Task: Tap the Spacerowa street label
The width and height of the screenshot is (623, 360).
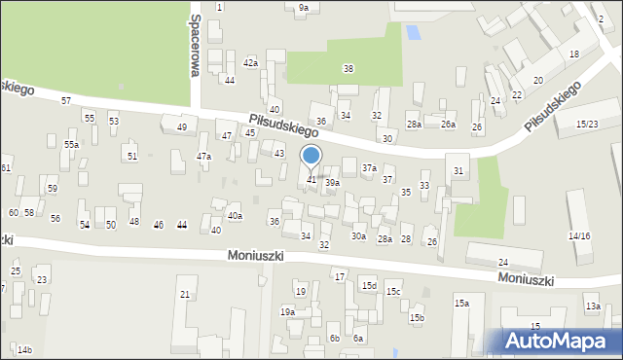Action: point(196,44)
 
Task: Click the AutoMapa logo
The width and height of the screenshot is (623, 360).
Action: point(561,341)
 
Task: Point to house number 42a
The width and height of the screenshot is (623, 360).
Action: point(251,63)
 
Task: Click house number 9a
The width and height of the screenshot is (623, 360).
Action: point(304,8)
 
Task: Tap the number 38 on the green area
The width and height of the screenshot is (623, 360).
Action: point(348,68)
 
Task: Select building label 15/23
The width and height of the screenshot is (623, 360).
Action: point(586,125)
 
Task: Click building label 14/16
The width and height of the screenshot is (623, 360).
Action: point(579,236)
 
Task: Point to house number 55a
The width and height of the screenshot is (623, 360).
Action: point(71,145)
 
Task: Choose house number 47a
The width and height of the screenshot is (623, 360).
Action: point(203,157)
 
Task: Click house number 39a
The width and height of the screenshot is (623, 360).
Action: point(333,183)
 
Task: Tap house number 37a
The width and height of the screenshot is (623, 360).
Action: point(369,168)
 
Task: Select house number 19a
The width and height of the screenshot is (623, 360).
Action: point(287,312)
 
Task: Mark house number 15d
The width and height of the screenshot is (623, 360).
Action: point(369,286)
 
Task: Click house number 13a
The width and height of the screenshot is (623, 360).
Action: point(592,306)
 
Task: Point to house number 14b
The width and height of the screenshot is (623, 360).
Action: point(24,350)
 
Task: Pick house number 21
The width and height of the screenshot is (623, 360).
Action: point(184,295)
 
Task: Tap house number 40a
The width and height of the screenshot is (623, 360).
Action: point(235,216)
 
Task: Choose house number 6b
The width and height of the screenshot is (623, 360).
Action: point(334,339)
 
